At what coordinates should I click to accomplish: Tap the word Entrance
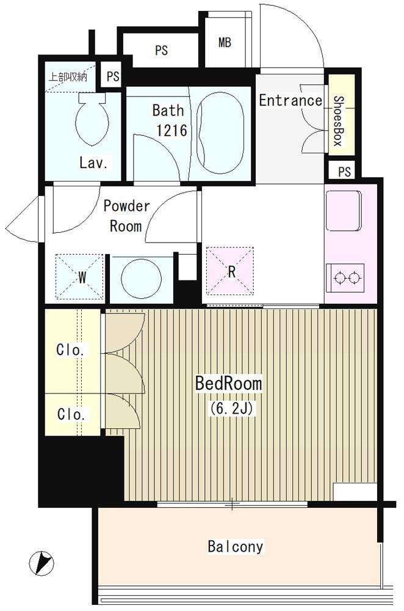(x=290, y=100)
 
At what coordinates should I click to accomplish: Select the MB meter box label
(x=225, y=43)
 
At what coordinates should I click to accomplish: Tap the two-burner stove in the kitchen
(x=346, y=276)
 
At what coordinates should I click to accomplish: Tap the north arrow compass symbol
(x=41, y=561)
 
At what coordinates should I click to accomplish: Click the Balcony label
(x=235, y=546)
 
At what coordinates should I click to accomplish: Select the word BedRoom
(x=228, y=384)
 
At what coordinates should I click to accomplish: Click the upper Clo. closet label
(x=72, y=350)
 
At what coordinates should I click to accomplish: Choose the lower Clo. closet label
(x=72, y=414)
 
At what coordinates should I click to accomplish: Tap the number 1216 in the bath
(x=171, y=131)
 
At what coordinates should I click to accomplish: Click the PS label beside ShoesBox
(x=344, y=172)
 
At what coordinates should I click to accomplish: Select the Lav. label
(x=94, y=163)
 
